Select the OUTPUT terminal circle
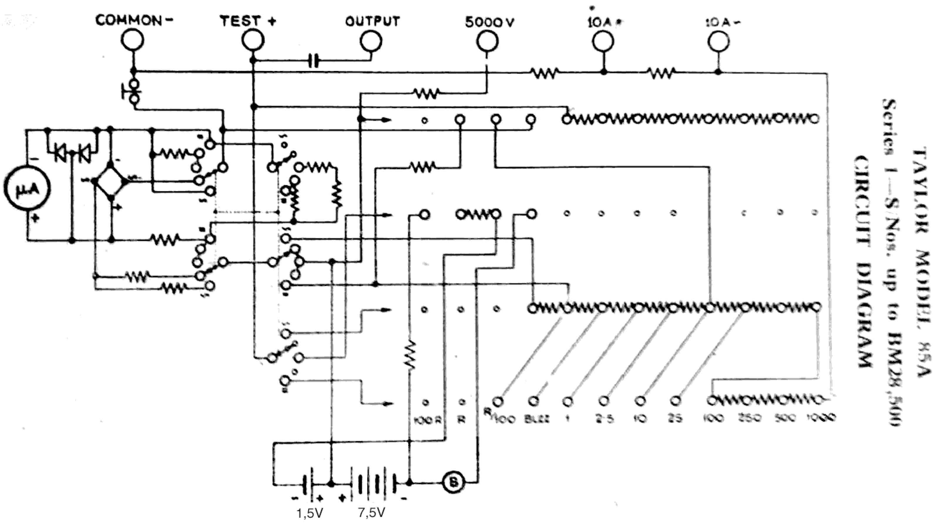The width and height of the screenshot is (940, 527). click(x=371, y=41)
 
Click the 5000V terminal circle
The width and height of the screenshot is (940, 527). click(x=487, y=42)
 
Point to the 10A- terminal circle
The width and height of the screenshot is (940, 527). click(x=719, y=42)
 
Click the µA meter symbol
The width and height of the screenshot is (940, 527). click(x=27, y=188)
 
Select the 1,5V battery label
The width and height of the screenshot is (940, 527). click(x=310, y=513)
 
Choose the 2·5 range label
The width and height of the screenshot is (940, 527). click(x=605, y=419)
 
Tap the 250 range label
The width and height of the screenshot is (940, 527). click(x=750, y=418)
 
